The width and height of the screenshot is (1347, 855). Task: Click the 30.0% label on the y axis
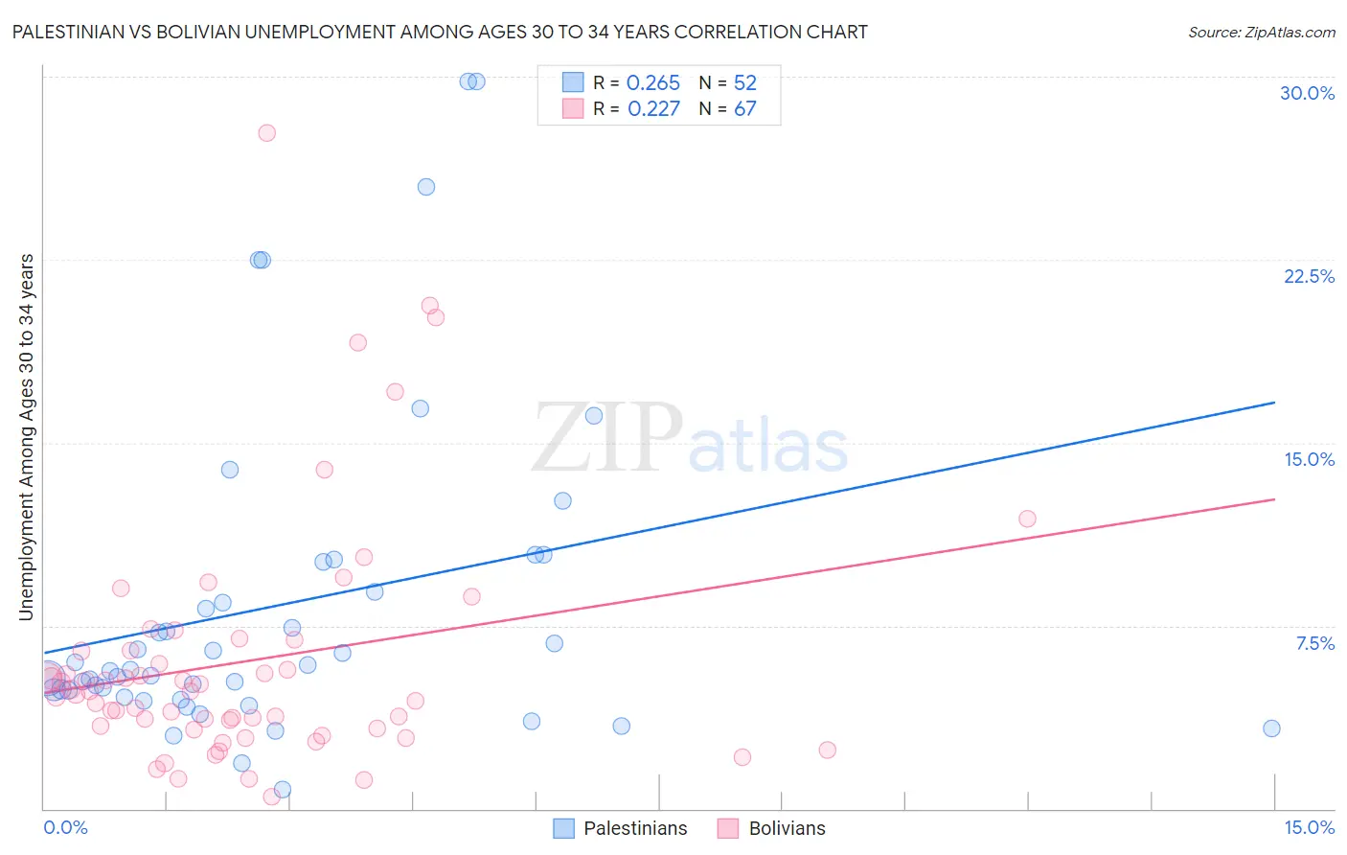[x=1307, y=93]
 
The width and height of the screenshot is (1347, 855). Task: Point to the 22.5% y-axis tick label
[x=1309, y=276]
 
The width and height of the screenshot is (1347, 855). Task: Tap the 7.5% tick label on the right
[x=1314, y=643]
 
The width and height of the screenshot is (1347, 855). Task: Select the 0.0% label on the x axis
[x=65, y=827]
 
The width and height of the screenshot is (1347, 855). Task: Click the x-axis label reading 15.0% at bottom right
[x=1309, y=827]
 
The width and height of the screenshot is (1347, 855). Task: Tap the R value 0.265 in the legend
[x=652, y=83]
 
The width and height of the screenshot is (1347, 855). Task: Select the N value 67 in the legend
[x=744, y=109]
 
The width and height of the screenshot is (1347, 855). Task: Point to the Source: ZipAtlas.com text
[x=1261, y=33]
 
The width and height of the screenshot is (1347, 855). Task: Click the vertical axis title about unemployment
[x=26, y=437]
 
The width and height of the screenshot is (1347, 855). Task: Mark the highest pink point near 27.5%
[x=267, y=133]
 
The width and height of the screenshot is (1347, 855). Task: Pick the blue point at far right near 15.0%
[x=1271, y=728]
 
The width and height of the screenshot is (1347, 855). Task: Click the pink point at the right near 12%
[x=1027, y=519]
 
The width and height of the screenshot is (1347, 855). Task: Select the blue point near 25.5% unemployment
[x=426, y=187]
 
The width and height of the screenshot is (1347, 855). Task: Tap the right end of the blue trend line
[x=1274, y=403]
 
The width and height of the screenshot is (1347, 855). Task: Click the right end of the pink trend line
[x=1274, y=499]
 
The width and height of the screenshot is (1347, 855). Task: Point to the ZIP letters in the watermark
[x=607, y=437]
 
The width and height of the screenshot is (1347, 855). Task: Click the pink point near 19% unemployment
[x=357, y=342]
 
